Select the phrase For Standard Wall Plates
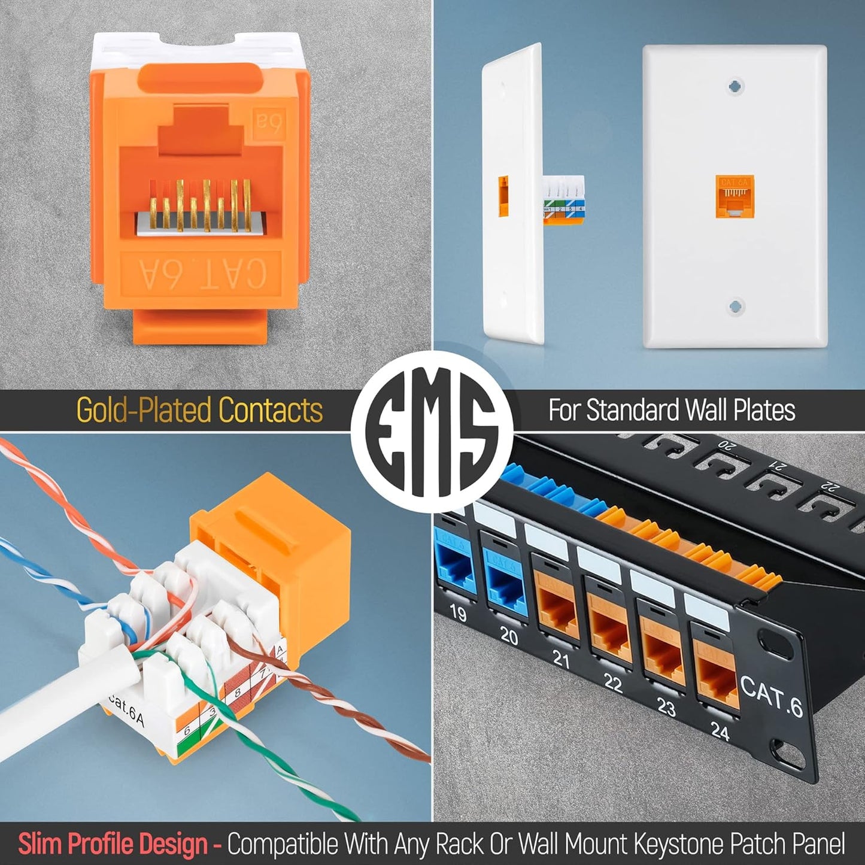pyautogui.click(x=672, y=411)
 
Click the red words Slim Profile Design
pyautogui.click(x=113, y=844)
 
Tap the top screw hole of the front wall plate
pyautogui.click(x=735, y=86)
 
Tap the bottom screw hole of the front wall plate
pyautogui.click(x=735, y=308)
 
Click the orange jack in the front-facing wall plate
pyautogui.click(x=735, y=196)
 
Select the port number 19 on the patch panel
pyautogui.click(x=458, y=613)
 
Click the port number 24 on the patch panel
pyautogui.click(x=720, y=731)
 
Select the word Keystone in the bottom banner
pyautogui.click(x=670, y=844)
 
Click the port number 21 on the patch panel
pyautogui.click(x=560, y=659)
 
